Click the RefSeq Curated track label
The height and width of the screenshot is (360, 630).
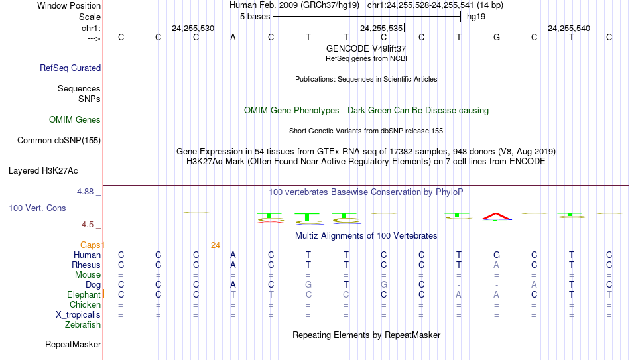(x=70, y=68)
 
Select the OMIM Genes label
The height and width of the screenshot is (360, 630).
(x=75, y=120)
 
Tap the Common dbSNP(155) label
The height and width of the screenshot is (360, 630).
(x=59, y=141)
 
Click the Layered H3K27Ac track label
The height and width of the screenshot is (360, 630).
(x=43, y=171)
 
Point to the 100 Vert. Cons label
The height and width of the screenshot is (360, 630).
(x=37, y=208)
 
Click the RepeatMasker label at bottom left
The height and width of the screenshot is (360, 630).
(x=73, y=344)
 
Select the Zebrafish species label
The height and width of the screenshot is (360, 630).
(x=83, y=324)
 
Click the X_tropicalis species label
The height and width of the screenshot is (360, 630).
(x=78, y=315)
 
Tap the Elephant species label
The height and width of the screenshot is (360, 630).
(x=84, y=294)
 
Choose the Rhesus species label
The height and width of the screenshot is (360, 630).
(x=86, y=265)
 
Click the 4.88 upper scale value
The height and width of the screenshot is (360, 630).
(x=85, y=192)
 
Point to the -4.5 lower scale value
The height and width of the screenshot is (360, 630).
(x=86, y=225)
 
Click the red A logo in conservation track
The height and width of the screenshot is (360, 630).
(x=497, y=217)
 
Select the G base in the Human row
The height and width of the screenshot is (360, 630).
(x=497, y=255)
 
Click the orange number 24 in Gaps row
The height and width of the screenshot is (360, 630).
(x=216, y=245)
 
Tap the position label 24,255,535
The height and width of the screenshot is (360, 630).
(x=381, y=28)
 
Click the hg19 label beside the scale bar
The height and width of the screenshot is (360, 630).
(x=476, y=17)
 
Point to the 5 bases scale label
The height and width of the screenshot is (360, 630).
(x=255, y=17)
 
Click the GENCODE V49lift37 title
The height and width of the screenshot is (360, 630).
(x=366, y=48)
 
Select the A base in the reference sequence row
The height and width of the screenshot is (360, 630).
(x=233, y=37)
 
